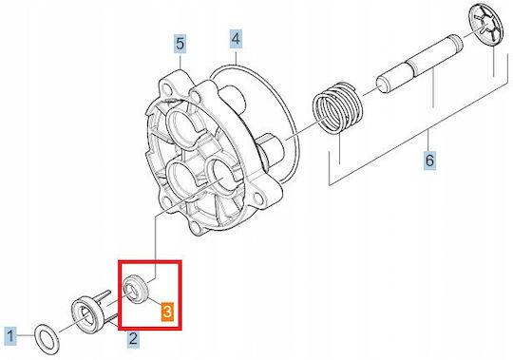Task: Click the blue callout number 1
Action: coord(10,336)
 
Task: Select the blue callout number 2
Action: coord(133,339)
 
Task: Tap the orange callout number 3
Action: coord(167,312)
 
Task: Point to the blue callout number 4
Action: coord(236,39)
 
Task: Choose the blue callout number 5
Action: coord(180,44)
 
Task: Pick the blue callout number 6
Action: coord(429,161)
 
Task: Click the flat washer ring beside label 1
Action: coord(47,339)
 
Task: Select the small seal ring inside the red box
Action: coord(136,289)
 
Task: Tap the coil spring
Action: coord(337,108)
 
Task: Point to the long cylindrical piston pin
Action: coord(420,64)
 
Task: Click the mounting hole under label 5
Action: coord(167,88)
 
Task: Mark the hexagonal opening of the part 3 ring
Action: coord(131,291)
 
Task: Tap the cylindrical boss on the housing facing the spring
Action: coord(270,150)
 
